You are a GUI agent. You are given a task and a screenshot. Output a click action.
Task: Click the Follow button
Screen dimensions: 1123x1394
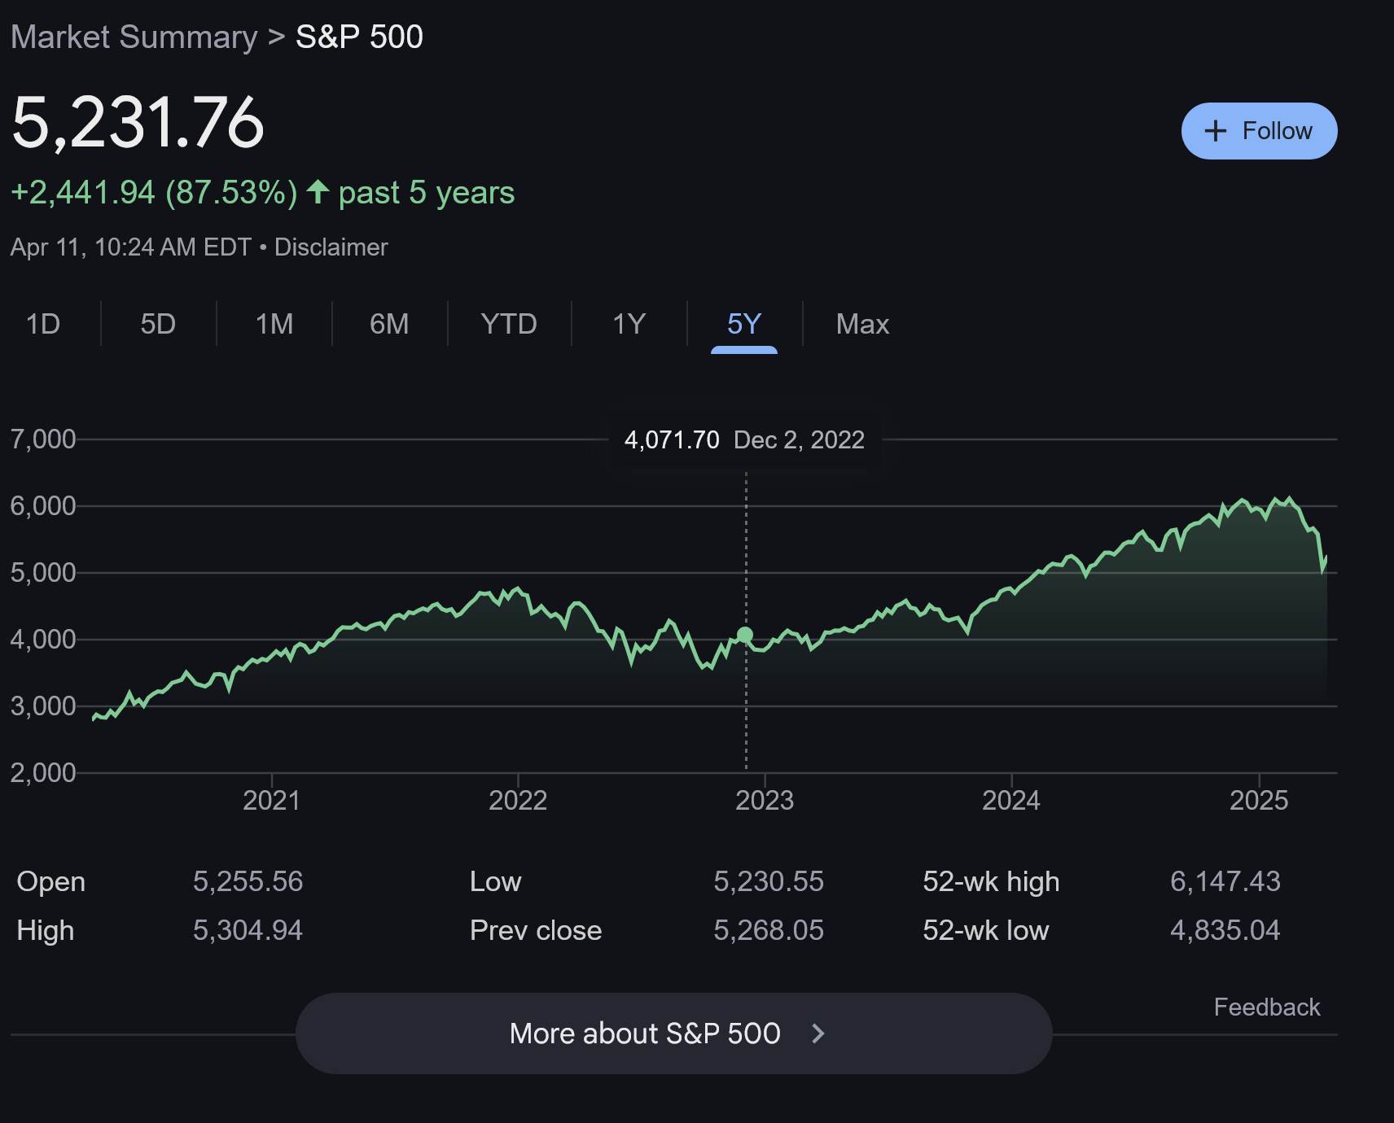pos(1259,131)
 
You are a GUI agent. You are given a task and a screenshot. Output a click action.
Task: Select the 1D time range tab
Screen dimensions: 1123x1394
pos(43,324)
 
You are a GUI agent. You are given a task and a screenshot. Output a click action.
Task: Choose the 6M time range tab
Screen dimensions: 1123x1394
pos(389,324)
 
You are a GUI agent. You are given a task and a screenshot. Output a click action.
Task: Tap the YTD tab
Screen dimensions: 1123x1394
pos(509,324)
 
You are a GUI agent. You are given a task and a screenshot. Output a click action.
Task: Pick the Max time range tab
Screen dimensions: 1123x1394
pos(862,324)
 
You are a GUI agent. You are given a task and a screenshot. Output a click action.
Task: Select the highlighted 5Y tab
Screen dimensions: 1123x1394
pos(744,324)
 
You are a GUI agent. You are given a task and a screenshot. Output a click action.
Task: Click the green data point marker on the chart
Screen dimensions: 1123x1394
pos(745,635)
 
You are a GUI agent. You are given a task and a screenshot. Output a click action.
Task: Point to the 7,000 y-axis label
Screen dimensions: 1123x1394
pos(43,439)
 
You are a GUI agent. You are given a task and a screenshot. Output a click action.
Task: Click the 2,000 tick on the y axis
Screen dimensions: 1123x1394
pos(43,772)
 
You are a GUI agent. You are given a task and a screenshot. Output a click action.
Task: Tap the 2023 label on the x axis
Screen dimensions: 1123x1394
pos(765,800)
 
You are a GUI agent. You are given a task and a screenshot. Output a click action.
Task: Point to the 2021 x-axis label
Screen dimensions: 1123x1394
pos(271,800)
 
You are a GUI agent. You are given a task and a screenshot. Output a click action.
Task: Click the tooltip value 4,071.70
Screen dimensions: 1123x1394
pos(672,440)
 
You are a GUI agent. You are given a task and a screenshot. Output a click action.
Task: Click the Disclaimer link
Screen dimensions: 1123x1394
pos(331,247)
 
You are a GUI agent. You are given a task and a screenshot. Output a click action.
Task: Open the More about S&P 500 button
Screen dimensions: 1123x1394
pos(673,1033)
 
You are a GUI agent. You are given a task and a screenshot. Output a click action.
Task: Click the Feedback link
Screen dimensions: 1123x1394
pos(1267,1007)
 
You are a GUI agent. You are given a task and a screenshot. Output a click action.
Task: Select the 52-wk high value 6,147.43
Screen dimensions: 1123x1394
pos(1225,881)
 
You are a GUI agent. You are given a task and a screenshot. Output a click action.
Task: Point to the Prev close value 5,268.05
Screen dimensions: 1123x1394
pos(769,930)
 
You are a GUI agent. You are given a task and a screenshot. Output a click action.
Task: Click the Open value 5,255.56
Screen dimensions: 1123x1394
pos(248,881)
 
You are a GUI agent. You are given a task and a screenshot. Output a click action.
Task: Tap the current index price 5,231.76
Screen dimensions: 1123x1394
pos(138,123)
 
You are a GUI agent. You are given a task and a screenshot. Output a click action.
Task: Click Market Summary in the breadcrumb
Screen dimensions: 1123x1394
pos(134,37)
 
